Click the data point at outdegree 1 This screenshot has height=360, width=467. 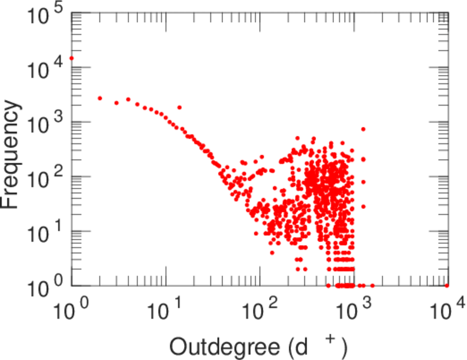[71, 58]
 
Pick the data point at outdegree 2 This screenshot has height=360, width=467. [100, 98]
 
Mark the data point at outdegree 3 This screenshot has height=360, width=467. [116, 103]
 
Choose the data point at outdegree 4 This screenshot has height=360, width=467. [128, 99]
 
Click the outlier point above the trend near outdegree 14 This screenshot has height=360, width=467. [179, 107]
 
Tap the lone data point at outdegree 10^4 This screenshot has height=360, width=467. [447, 286]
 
